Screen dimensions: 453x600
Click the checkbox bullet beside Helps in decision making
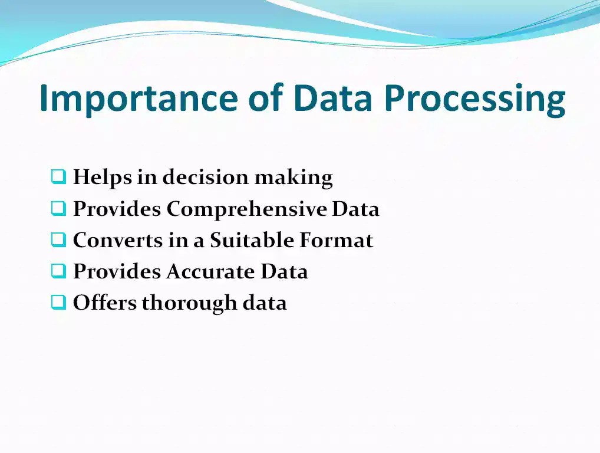[x=58, y=176]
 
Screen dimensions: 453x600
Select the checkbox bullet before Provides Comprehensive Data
[x=58, y=208]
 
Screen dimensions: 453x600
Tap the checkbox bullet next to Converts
[x=58, y=239]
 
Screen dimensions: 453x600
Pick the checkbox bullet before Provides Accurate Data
[x=58, y=271]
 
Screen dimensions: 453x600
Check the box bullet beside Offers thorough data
[x=58, y=302]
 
